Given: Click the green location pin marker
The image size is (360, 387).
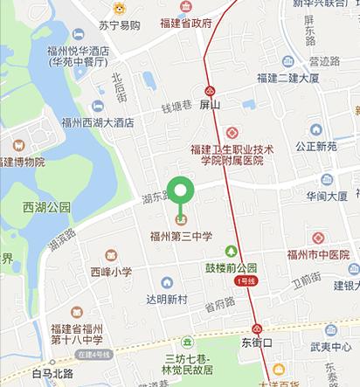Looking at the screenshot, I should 181,193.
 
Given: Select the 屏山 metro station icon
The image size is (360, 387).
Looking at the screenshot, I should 210,91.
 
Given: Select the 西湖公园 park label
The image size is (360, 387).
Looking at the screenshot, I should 46,208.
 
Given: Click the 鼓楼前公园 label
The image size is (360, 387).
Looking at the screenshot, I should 232,268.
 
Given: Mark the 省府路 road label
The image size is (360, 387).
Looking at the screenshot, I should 219,304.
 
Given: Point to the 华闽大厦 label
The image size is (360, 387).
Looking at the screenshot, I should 328,195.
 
